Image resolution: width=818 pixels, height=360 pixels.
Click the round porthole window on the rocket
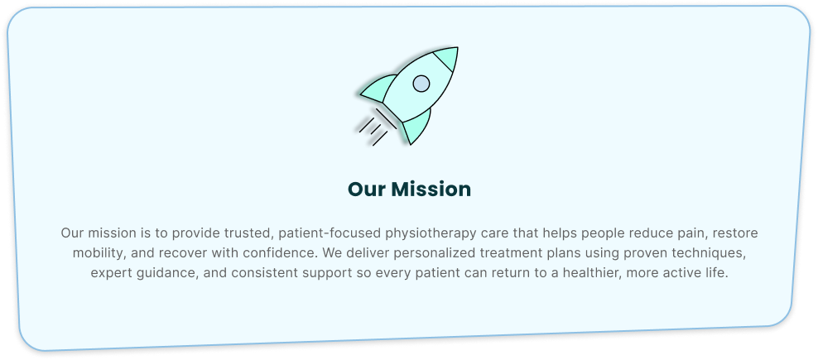click(421, 84)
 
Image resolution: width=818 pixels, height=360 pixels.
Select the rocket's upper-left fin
click(378, 89)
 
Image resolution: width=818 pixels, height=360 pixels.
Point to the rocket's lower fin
click(417, 127)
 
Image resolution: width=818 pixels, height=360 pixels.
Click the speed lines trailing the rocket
click(378, 127)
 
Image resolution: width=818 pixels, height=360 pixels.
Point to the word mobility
click(99, 253)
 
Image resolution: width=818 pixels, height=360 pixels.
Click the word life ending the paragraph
click(717, 273)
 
